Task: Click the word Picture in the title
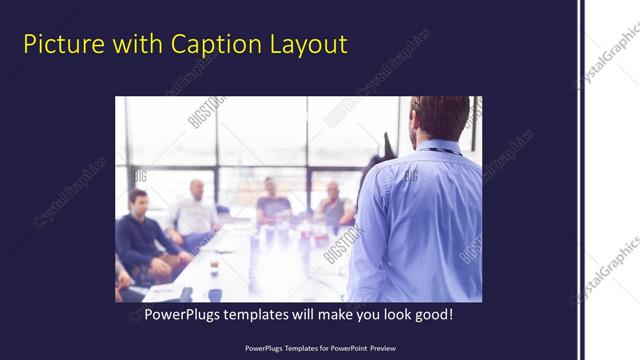point(58,44)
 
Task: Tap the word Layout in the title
point(306,44)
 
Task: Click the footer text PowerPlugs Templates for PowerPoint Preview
point(319,347)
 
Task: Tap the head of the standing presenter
point(440,118)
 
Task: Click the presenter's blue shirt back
point(420,220)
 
